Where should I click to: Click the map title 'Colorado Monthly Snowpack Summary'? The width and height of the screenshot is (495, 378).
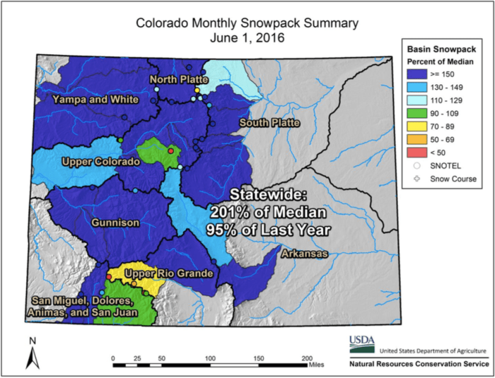[247, 23]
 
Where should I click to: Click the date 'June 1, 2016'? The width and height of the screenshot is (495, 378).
[247, 38]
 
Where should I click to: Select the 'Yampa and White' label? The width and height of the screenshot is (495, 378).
[95, 100]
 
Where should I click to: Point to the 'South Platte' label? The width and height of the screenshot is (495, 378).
[269, 123]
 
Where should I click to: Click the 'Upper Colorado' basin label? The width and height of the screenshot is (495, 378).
[100, 161]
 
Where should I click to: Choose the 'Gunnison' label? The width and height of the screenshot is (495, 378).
[116, 223]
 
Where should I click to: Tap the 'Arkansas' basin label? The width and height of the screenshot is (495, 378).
[305, 253]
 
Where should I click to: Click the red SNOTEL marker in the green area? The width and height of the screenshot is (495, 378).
[170, 150]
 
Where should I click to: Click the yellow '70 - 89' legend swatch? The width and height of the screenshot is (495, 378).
[417, 127]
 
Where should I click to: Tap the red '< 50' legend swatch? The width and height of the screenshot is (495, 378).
[417, 153]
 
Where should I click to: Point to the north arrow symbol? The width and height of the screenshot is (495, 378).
[32, 353]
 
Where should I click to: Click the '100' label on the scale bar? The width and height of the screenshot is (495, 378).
[210, 358]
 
